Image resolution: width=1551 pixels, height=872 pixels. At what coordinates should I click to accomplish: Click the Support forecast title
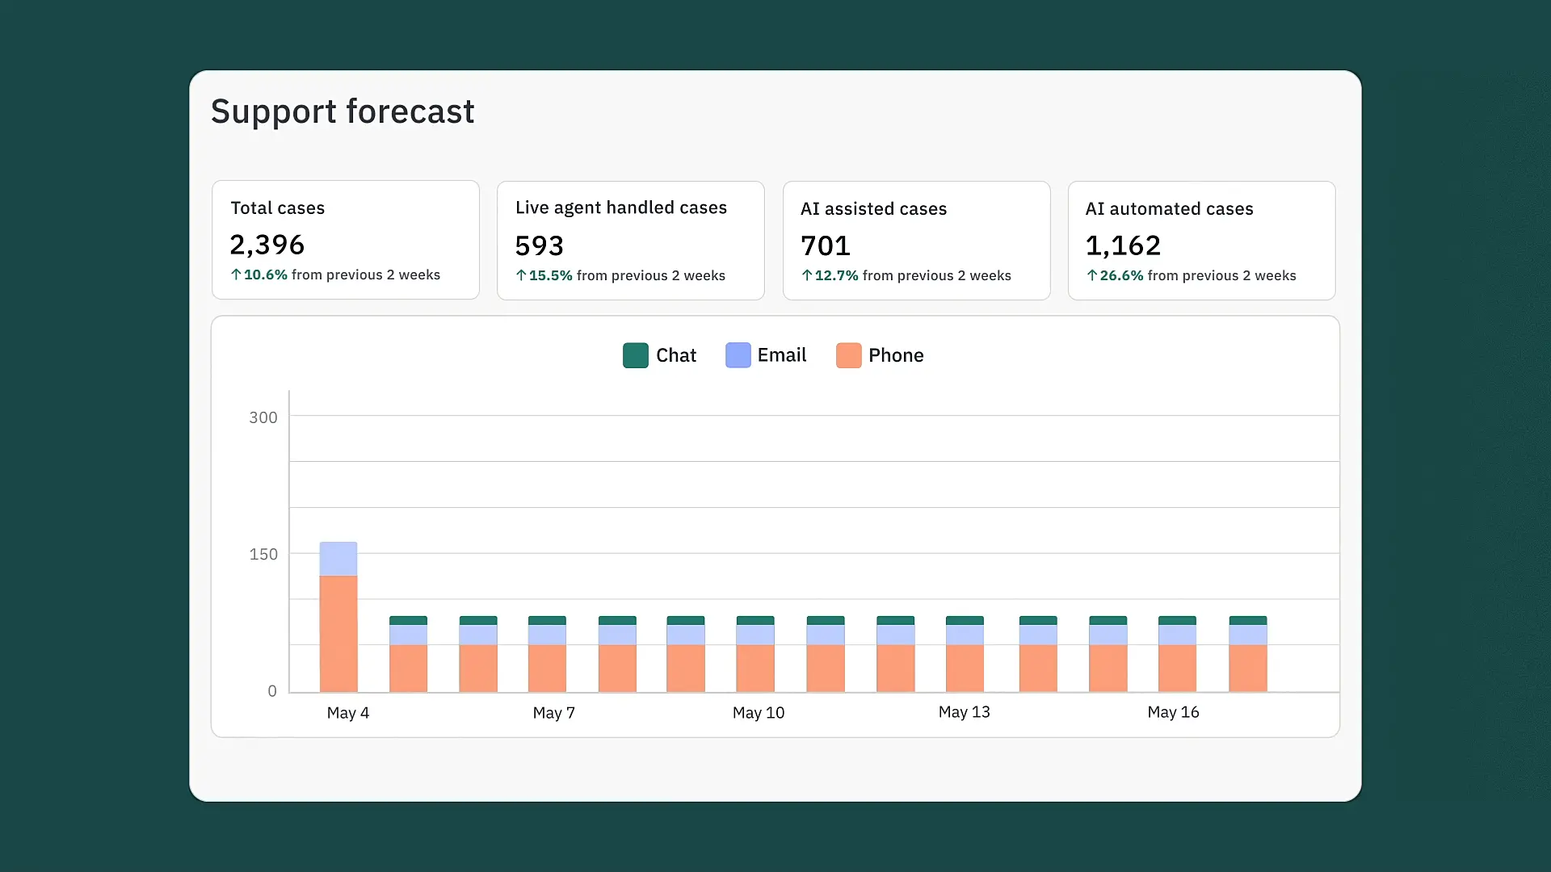[x=343, y=111]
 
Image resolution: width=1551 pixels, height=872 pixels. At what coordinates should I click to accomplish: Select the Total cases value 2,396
[x=267, y=245]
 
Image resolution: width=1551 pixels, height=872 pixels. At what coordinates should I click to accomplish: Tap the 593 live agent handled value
[x=540, y=245]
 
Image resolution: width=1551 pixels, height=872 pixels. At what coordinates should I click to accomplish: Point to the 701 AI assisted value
[x=826, y=245]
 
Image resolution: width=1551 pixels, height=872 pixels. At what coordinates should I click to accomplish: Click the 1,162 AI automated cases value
[x=1123, y=245]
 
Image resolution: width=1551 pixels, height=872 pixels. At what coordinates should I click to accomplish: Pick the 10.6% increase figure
[x=266, y=275]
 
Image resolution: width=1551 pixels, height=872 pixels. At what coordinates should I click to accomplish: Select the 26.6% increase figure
[x=1121, y=275]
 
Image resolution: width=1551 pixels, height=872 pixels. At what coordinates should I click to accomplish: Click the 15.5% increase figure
[x=551, y=275]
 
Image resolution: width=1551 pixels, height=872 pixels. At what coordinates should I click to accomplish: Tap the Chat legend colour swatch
[x=636, y=355]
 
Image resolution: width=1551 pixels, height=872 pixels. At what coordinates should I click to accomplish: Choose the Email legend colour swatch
[x=738, y=355]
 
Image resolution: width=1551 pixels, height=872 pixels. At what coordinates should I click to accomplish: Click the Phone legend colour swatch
[x=849, y=355]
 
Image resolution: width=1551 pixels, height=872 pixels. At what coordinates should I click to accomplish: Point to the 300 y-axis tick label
[x=263, y=417]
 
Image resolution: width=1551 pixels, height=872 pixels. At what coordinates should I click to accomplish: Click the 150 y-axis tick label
[x=263, y=554]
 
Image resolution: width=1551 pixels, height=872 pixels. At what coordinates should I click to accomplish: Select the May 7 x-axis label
[x=554, y=713]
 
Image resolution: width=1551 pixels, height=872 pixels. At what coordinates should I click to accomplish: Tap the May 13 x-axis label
[x=965, y=712]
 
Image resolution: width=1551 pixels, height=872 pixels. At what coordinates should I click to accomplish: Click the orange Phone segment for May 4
[x=338, y=633]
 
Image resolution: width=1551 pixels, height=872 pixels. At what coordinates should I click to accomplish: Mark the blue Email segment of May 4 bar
[x=338, y=559]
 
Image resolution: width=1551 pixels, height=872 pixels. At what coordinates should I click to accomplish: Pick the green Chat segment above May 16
[x=1177, y=620]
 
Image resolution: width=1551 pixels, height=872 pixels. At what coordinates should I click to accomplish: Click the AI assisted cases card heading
[x=874, y=209]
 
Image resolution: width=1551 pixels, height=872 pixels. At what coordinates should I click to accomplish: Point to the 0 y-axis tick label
[x=272, y=691]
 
